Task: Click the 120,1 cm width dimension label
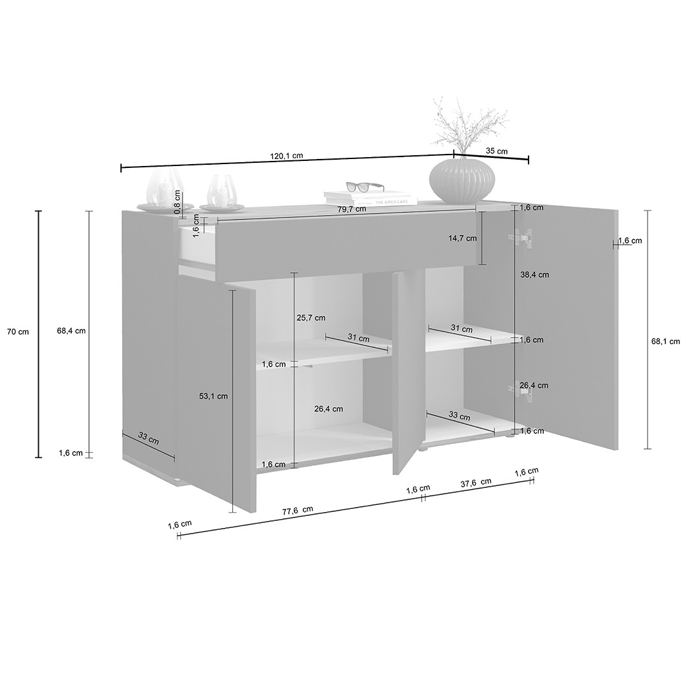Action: point(287,156)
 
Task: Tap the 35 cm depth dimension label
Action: point(497,151)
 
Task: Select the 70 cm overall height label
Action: point(18,331)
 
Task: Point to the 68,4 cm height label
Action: point(71,331)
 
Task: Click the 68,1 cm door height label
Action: point(665,342)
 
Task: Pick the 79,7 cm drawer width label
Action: point(352,209)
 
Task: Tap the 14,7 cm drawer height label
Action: point(462,239)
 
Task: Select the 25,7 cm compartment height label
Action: point(311,317)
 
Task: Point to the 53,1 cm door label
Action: point(213,396)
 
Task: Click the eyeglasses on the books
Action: point(364,187)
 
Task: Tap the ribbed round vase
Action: point(462,179)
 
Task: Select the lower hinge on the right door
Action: point(521,390)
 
